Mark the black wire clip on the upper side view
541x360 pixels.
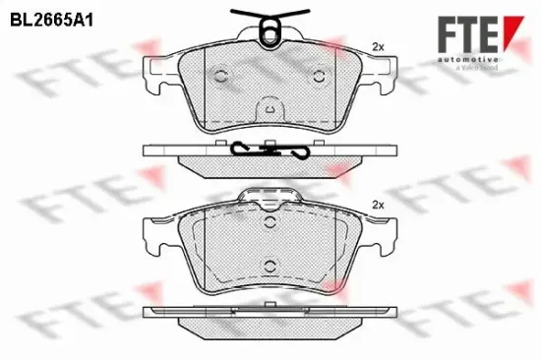pyautogui.click(x=269, y=151)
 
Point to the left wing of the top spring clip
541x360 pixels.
pyautogui.click(x=242, y=14)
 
